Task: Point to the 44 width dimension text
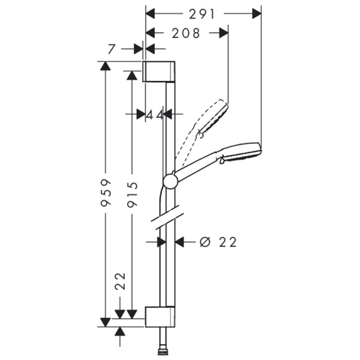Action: pos(155,113)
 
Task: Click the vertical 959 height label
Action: pos(106,192)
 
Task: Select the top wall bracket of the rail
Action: pos(160,71)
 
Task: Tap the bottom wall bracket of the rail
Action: pos(160,316)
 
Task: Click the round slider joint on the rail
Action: pos(170,181)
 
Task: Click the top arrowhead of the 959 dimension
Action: pos(106,66)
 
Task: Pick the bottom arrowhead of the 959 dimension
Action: pos(106,322)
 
